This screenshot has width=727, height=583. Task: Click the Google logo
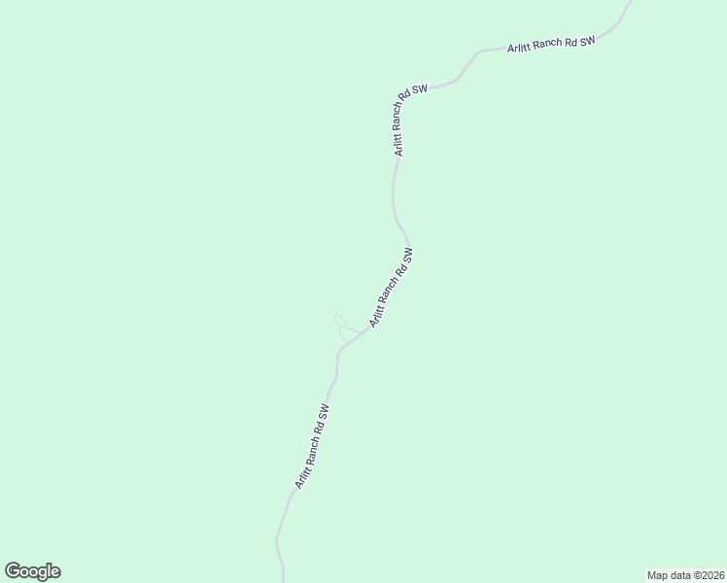click(32, 571)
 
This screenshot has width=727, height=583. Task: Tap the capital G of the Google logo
click(13, 571)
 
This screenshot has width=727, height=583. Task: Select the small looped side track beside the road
click(340, 325)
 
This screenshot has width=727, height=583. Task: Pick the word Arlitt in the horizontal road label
click(518, 48)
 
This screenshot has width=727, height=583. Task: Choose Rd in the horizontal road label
click(569, 43)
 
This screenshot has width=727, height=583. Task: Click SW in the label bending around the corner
click(419, 89)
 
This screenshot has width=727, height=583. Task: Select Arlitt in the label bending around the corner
click(398, 145)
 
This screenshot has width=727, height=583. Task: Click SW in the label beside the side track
click(409, 255)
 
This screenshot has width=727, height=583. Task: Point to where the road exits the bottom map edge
click(283, 581)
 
